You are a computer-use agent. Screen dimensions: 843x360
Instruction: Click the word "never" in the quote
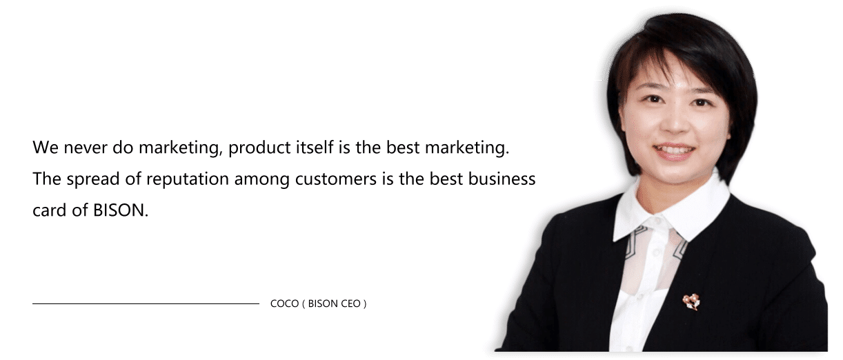click(86, 148)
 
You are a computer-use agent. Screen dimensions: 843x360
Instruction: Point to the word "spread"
click(93, 179)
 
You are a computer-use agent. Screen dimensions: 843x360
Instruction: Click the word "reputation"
click(188, 179)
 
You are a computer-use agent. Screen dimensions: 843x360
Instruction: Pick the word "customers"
click(336, 179)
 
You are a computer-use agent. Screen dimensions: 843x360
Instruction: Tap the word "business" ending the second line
click(502, 179)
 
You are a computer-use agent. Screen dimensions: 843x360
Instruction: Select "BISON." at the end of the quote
click(121, 210)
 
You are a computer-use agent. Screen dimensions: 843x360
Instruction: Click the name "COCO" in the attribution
click(284, 303)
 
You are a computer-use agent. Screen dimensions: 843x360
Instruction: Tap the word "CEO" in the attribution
click(350, 303)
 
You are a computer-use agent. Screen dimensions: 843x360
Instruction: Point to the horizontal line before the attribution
click(146, 303)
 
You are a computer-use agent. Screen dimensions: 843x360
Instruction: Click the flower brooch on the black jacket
click(691, 301)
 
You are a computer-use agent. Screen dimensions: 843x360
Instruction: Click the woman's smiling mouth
click(675, 151)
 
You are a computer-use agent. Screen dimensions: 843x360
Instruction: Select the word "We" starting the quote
click(46, 147)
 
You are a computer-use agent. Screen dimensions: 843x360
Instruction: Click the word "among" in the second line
click(262, 180)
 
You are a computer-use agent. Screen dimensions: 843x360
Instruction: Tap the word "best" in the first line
click(403, 147)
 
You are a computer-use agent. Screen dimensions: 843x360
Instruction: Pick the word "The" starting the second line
click(47, 179)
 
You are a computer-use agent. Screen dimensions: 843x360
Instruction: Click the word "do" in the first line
click(123, 147)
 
